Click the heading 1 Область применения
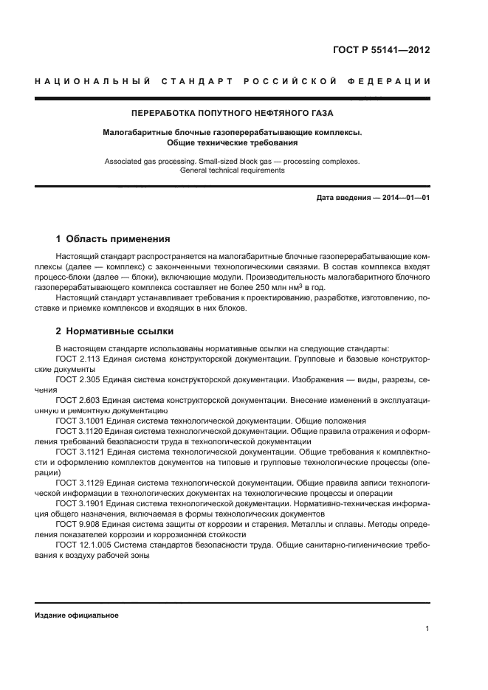113,239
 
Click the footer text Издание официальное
77,615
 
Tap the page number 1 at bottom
427,629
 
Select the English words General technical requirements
232,170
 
